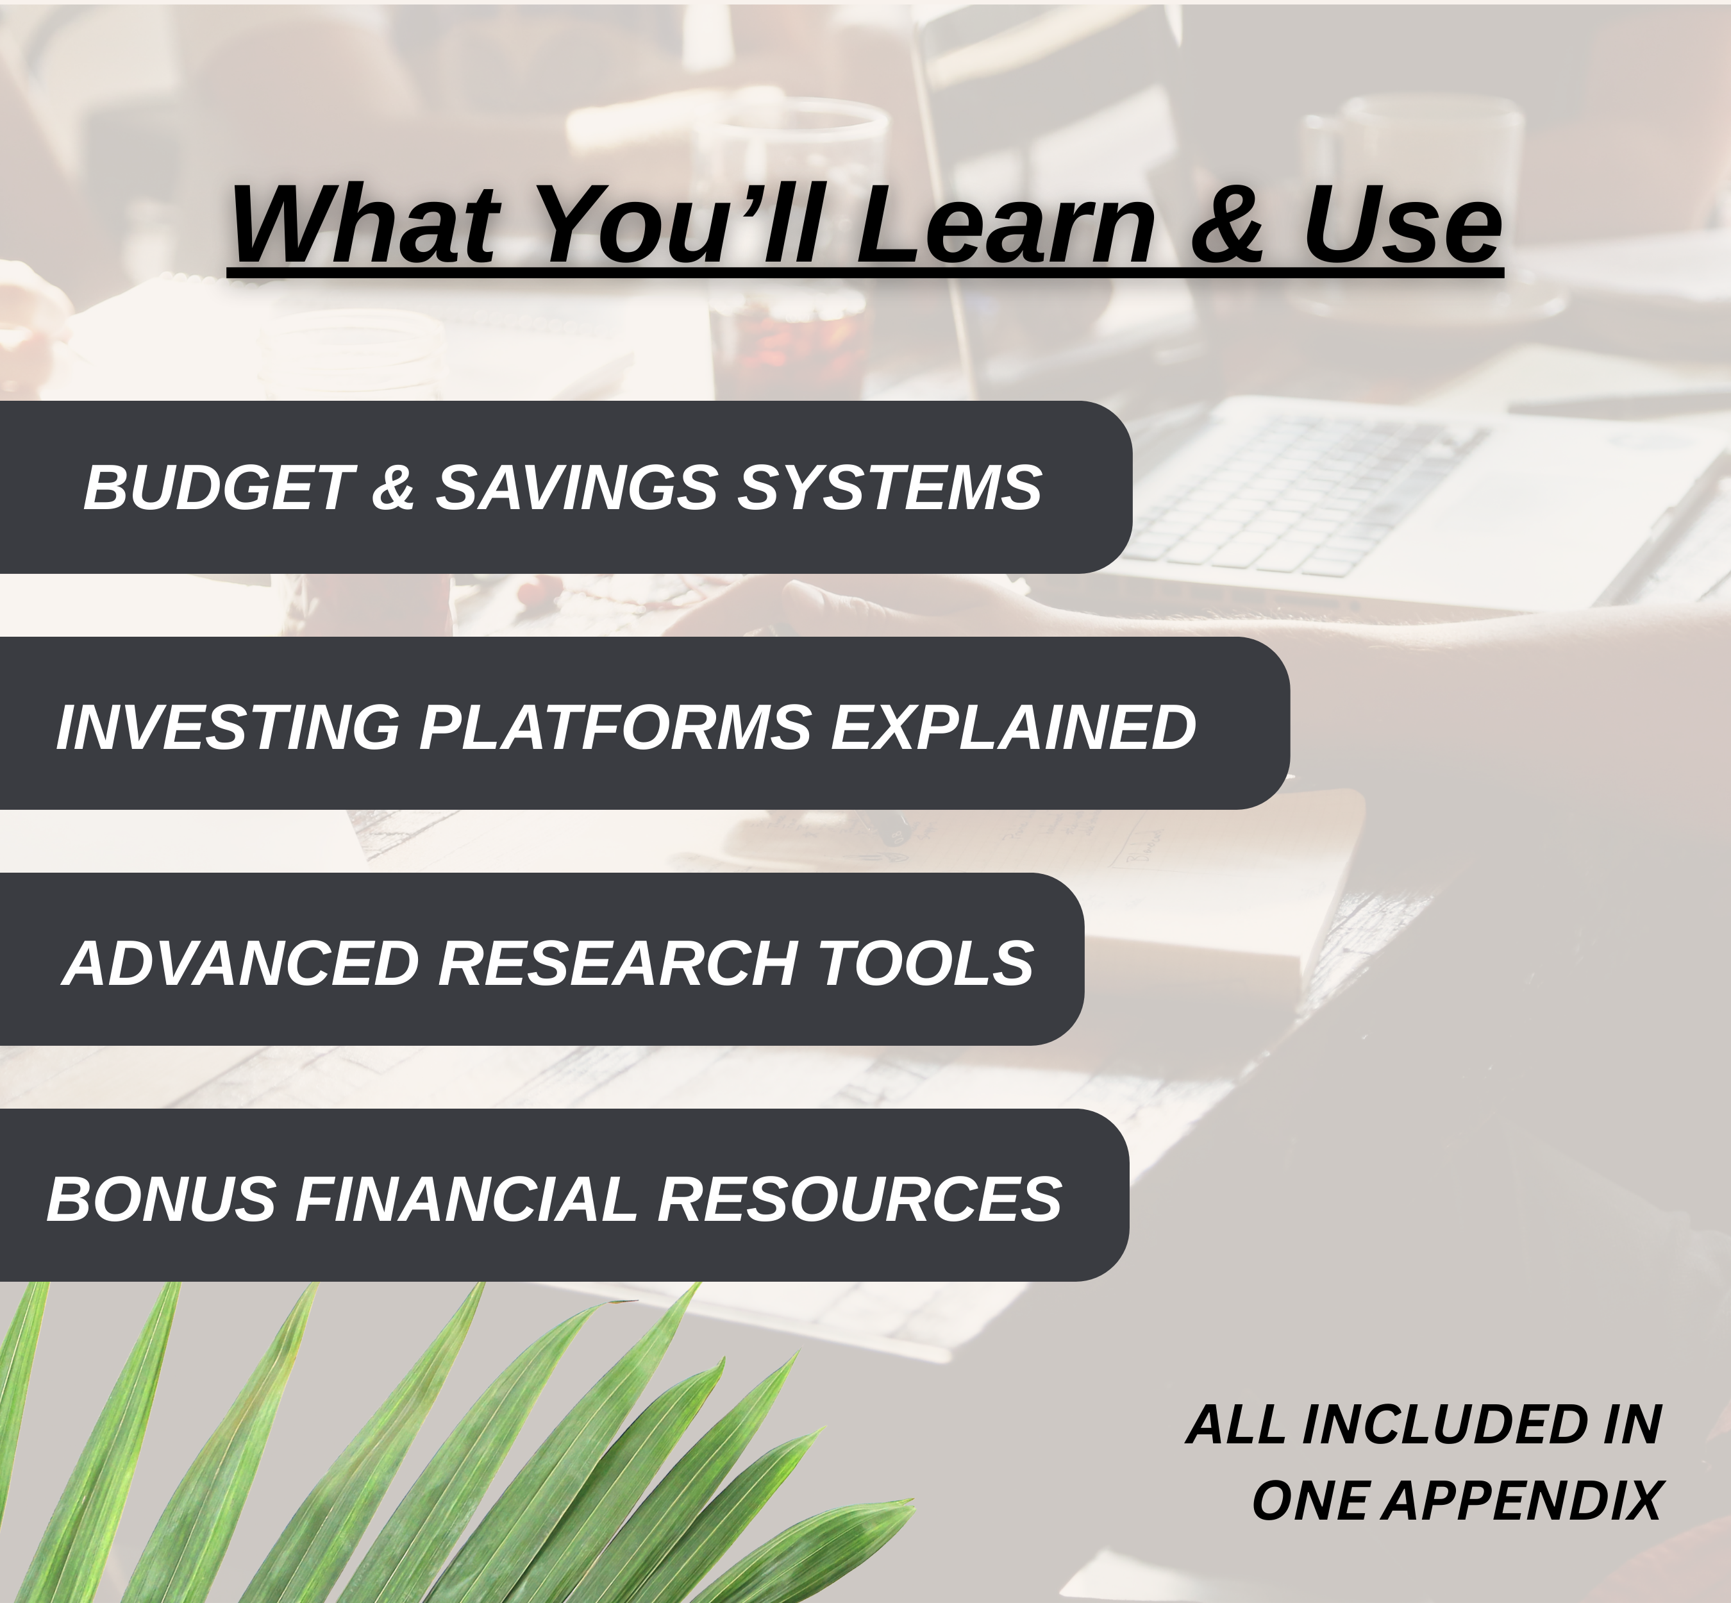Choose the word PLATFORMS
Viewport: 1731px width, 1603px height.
click(x=615, y=727)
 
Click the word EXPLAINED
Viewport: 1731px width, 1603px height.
click(x=1013, y=727)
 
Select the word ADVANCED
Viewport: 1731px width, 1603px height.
click(x=242, y=963)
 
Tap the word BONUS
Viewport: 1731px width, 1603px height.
click(x=162, y=1199)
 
